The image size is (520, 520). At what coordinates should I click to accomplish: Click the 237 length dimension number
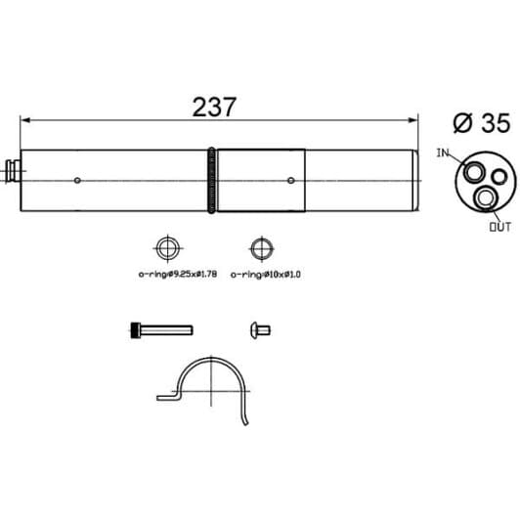point(214,108)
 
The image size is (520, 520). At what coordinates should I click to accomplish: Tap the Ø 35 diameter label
point(482,123)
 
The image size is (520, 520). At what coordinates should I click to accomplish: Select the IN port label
point(443,152)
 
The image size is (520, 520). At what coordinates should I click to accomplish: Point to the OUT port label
point(500,227)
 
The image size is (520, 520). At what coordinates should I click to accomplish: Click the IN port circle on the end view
point(473,172)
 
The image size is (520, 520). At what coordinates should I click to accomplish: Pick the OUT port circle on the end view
point(486,197)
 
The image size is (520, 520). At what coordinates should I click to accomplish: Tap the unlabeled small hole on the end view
point(499,176)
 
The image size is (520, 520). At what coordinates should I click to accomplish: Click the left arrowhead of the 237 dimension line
point(25,120)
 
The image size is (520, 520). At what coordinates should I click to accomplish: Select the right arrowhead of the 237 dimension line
point(412,120)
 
